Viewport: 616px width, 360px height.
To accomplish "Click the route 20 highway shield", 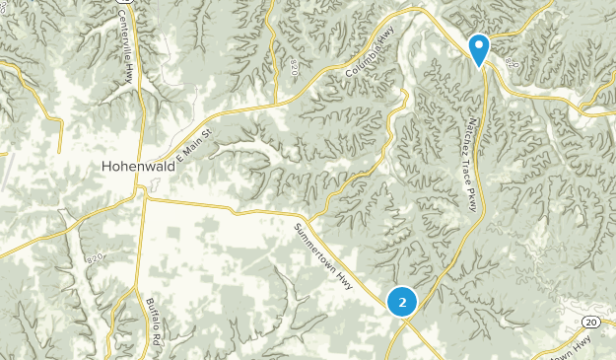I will tap(589, 323).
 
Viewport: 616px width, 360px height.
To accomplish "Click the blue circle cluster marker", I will tap(402, 302).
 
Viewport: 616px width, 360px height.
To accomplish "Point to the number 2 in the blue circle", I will tap(402, 302).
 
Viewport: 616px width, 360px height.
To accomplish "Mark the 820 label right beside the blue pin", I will tap(509, 61).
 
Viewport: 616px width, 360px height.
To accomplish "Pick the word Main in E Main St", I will tap(195, 144).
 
